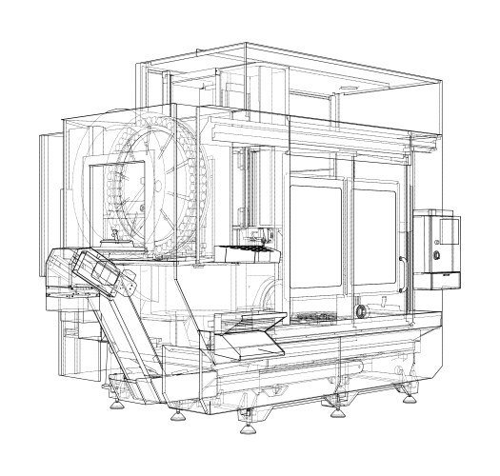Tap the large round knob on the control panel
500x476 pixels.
tap(436, 255)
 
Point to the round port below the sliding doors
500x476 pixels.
tap(362, 310)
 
